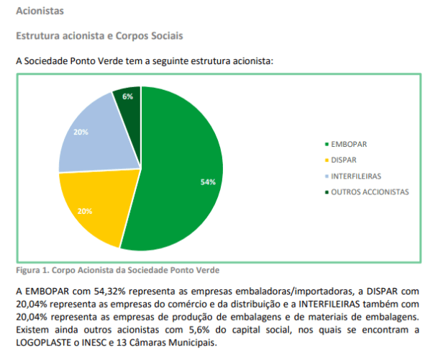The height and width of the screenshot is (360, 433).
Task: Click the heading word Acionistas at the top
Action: (x=40, y=11)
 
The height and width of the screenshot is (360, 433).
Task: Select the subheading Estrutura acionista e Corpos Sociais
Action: (x=99, y=35)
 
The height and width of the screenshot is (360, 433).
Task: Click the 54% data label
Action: (x=208, y=182)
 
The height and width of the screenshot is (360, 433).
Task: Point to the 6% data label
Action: (x=127, y=96)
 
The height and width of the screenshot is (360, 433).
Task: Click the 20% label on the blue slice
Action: (x=81, y=132)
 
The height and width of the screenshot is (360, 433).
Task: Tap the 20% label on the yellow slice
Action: (x=84, y=212)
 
